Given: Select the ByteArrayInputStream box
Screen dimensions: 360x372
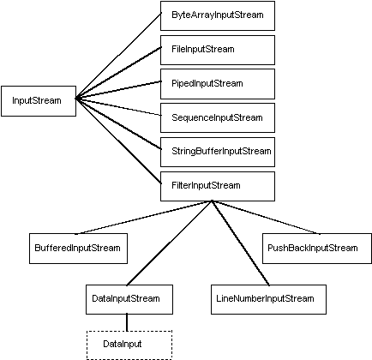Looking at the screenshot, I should (x=217, y=15).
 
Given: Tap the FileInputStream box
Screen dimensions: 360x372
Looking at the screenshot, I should (x=217, y=50).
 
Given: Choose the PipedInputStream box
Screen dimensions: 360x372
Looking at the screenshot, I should (x=217, y=83).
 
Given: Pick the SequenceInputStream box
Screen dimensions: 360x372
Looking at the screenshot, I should (x=217, y=117).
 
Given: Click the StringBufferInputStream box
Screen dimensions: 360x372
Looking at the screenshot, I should (x=217, y=151).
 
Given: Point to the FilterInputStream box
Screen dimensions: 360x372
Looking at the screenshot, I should (x=217, y=184).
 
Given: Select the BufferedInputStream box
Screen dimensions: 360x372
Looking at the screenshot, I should (x=77, y=248).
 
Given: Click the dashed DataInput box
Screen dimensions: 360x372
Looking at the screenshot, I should (x=128, y=344).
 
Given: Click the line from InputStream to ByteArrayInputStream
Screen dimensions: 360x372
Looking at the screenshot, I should (x=118, y=57).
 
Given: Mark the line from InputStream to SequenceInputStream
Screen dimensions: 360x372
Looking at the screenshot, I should (x=118, y=107).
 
